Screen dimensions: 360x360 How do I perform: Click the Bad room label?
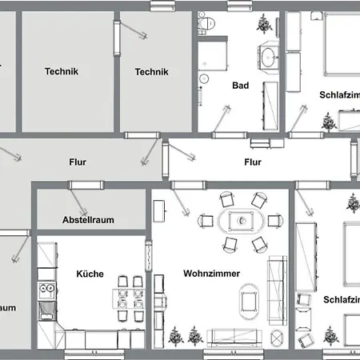pyautogui.click(x=242, y=86)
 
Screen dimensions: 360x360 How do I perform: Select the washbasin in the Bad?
pyautogui.click(x=268, y=58)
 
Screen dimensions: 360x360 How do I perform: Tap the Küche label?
pyautogui.click(x=90, y=274)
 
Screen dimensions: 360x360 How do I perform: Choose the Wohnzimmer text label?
pyautogui.click(x=210, y=274)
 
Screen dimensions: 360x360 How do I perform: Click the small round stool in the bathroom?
pyautogui.click(x=204, y=78)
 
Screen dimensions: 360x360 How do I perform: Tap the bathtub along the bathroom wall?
pyautogui.click(x=267, y=106)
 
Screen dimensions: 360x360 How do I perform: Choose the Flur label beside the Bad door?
pyautogui.click(x=253, y=162)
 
